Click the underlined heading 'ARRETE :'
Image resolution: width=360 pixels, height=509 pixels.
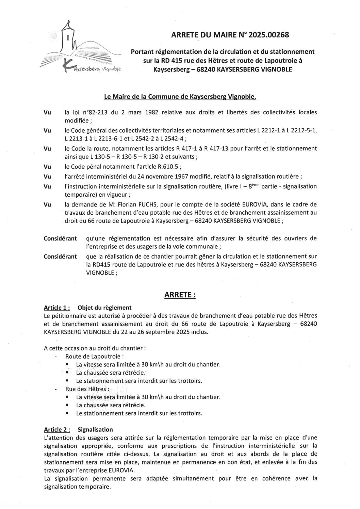point(180,295)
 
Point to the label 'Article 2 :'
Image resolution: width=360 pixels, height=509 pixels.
point(57,429)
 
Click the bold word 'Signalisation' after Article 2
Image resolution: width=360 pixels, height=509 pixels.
point(95,429)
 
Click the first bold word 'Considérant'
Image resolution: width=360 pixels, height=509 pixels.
point(60,238)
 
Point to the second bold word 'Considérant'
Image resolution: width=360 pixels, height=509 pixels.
point(60,256)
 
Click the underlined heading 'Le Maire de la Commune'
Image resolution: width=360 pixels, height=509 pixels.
point(180,97)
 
